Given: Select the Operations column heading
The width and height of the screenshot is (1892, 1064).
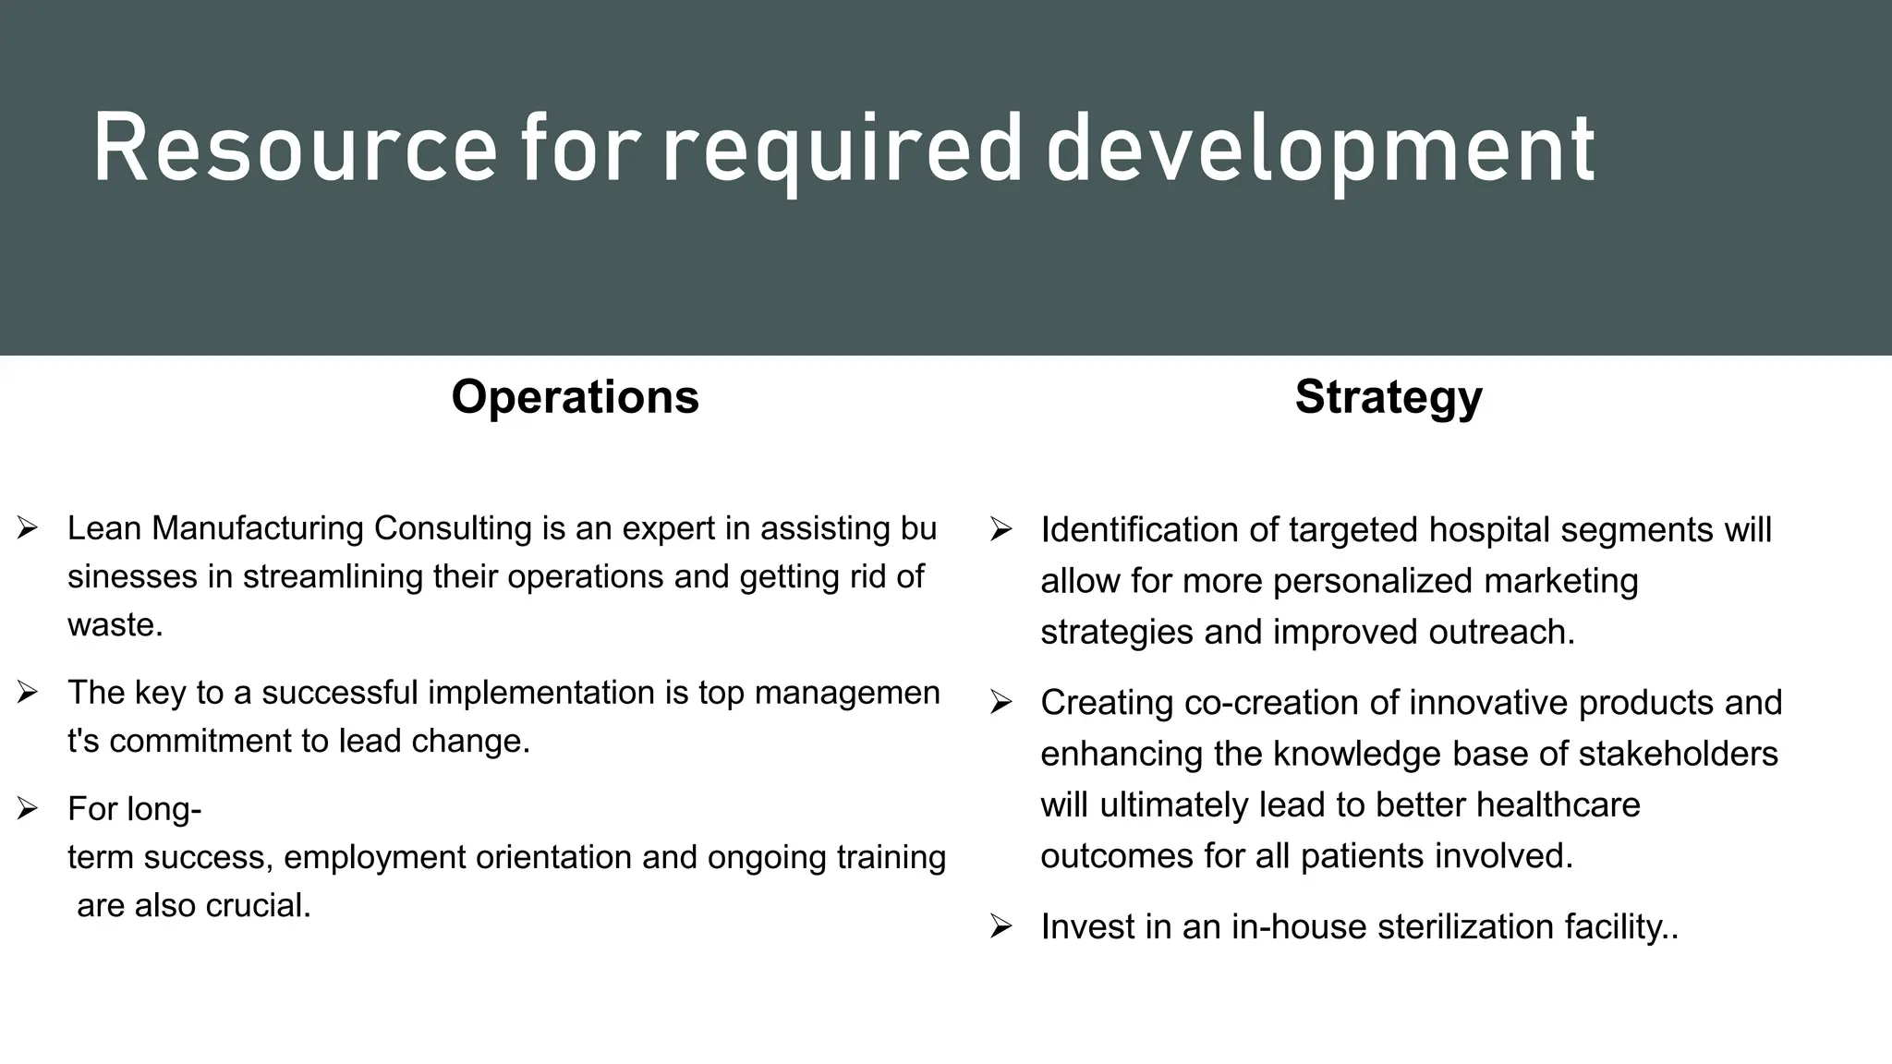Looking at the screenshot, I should [575, 396].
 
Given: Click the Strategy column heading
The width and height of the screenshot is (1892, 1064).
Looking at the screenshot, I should [1389, 396].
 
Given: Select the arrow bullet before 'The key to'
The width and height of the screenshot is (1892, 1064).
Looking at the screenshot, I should [27, 692].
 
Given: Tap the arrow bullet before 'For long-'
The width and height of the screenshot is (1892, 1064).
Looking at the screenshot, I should [27, 809].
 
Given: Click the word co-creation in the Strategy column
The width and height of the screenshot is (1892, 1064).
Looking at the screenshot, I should [1271, 703].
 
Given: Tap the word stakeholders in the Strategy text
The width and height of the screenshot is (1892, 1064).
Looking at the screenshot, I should [1678, 754].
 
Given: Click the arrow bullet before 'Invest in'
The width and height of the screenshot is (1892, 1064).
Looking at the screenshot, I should [1001, 925].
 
